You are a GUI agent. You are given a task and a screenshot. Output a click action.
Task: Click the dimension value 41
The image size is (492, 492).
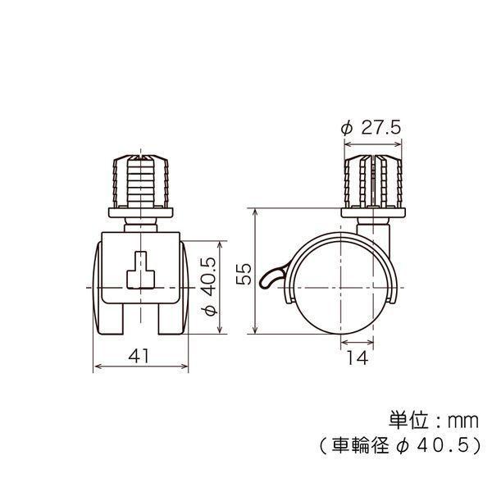click(x=139, y=356)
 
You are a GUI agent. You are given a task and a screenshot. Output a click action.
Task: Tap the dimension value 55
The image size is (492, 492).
click(x=244, y=274)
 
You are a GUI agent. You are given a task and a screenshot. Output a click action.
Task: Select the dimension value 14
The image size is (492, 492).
click(x=358, y=358)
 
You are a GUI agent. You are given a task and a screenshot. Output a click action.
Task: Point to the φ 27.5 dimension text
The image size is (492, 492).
click(x=371, y=128)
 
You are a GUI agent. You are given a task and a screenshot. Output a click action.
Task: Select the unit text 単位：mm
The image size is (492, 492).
click(x=434, y=421)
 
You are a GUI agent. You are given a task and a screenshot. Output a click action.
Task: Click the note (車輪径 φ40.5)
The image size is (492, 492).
click(x=399, y=445)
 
